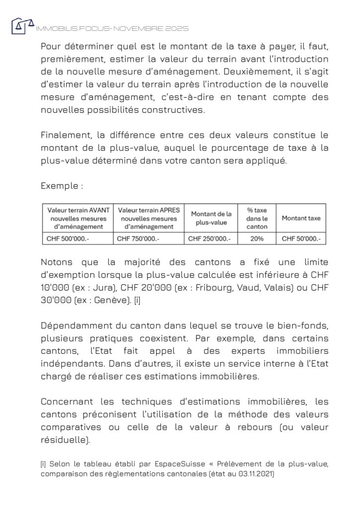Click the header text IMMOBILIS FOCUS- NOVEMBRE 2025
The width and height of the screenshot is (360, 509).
coord(112,29)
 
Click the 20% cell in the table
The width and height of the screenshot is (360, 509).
coord(257,239)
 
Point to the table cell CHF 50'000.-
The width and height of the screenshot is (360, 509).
coord(301,239)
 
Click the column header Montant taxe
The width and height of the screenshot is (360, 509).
coord(301,218)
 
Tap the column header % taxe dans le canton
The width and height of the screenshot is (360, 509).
coord(257,218)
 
